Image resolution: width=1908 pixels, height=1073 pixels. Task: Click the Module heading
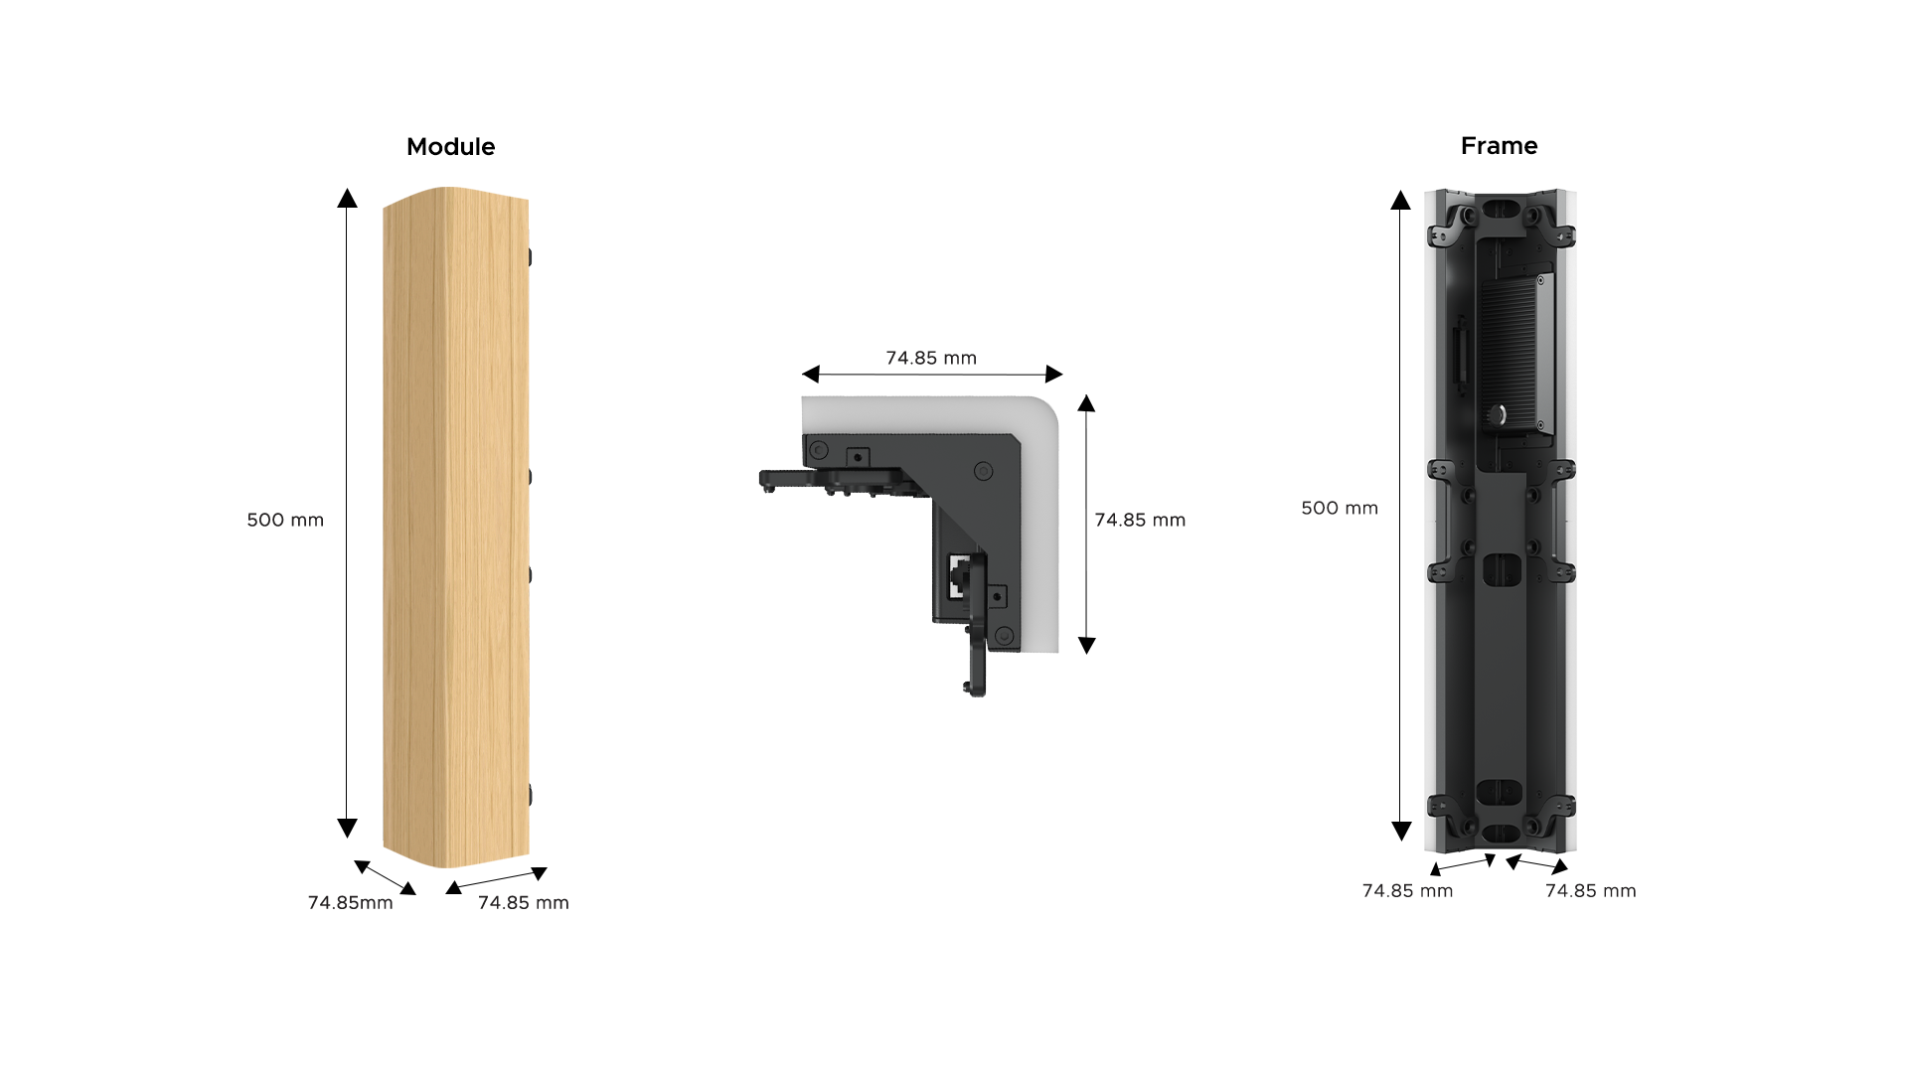450,147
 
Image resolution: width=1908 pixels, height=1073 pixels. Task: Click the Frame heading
1499,146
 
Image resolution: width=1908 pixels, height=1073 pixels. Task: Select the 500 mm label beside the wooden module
285,520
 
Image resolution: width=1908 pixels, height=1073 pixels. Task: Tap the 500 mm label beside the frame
1340,508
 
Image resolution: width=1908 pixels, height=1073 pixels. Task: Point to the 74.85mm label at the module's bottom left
350,902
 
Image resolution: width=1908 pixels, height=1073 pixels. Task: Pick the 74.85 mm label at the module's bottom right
524,902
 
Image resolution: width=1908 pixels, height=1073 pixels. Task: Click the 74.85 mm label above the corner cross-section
931,358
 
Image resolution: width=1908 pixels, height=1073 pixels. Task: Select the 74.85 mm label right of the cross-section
1140,520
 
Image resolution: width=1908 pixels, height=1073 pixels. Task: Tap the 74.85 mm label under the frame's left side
1407,890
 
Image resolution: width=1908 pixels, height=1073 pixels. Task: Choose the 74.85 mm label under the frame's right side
1590,890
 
